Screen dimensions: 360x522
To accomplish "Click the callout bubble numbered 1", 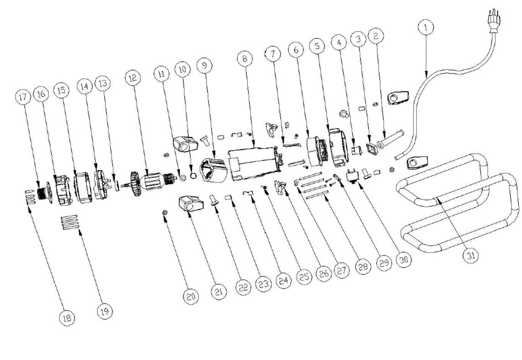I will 426,27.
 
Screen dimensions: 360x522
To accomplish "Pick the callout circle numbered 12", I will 133,78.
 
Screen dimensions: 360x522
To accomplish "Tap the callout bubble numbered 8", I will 245,59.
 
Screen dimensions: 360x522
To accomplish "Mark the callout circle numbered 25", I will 304,277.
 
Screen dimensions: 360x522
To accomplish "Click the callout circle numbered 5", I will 317,45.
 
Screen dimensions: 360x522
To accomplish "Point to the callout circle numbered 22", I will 243,287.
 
